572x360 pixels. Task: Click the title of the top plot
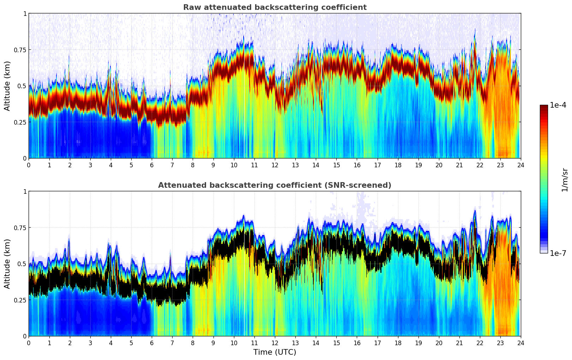(x=275, y=7)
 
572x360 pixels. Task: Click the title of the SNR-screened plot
(x=275, y=185)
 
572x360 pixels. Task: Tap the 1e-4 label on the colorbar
(x=558, y=105)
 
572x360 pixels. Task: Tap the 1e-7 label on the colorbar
(x=558, y=253)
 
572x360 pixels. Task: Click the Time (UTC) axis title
(x=275, y=352)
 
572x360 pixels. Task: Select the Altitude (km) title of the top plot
(x=7, y=86)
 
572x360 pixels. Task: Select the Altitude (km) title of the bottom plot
(x=7, y=264)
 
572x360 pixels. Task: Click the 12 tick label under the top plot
(x=275, y=165)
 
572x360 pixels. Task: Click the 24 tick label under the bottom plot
(x=520, y=343)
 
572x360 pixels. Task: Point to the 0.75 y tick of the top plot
(x=20, y=50)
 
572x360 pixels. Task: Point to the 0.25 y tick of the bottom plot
(x=20, y=300)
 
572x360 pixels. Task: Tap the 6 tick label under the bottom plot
(x=152, y=343)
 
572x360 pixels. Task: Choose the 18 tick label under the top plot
(x=398, y=165)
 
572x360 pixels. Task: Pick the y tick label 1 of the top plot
(x=25, y=14)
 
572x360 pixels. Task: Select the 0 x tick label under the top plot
(x=29, y=165)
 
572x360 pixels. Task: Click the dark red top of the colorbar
(x=543, y=107)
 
